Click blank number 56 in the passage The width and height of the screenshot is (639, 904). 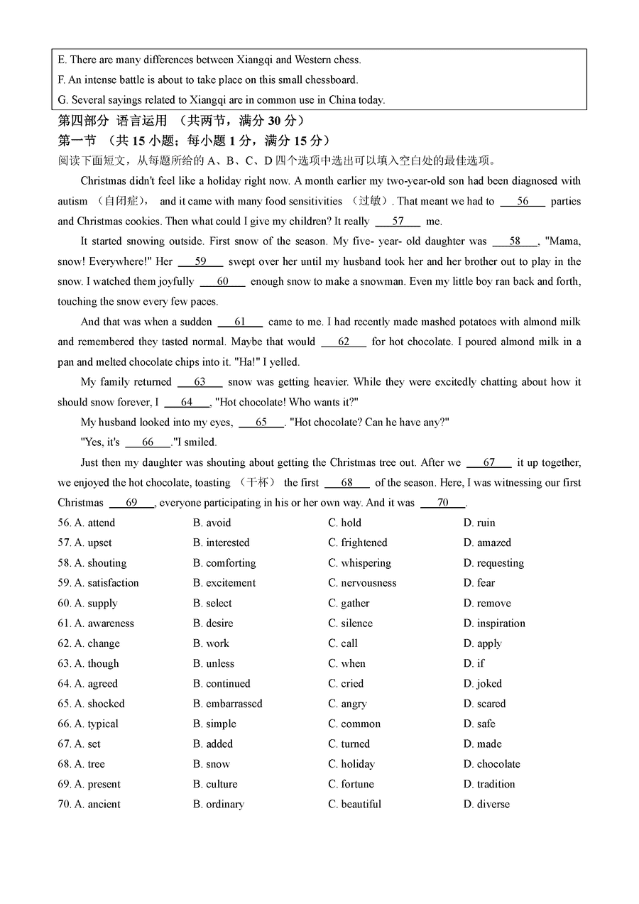click(523, 202)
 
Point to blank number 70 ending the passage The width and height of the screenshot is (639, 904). click(442, 503)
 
